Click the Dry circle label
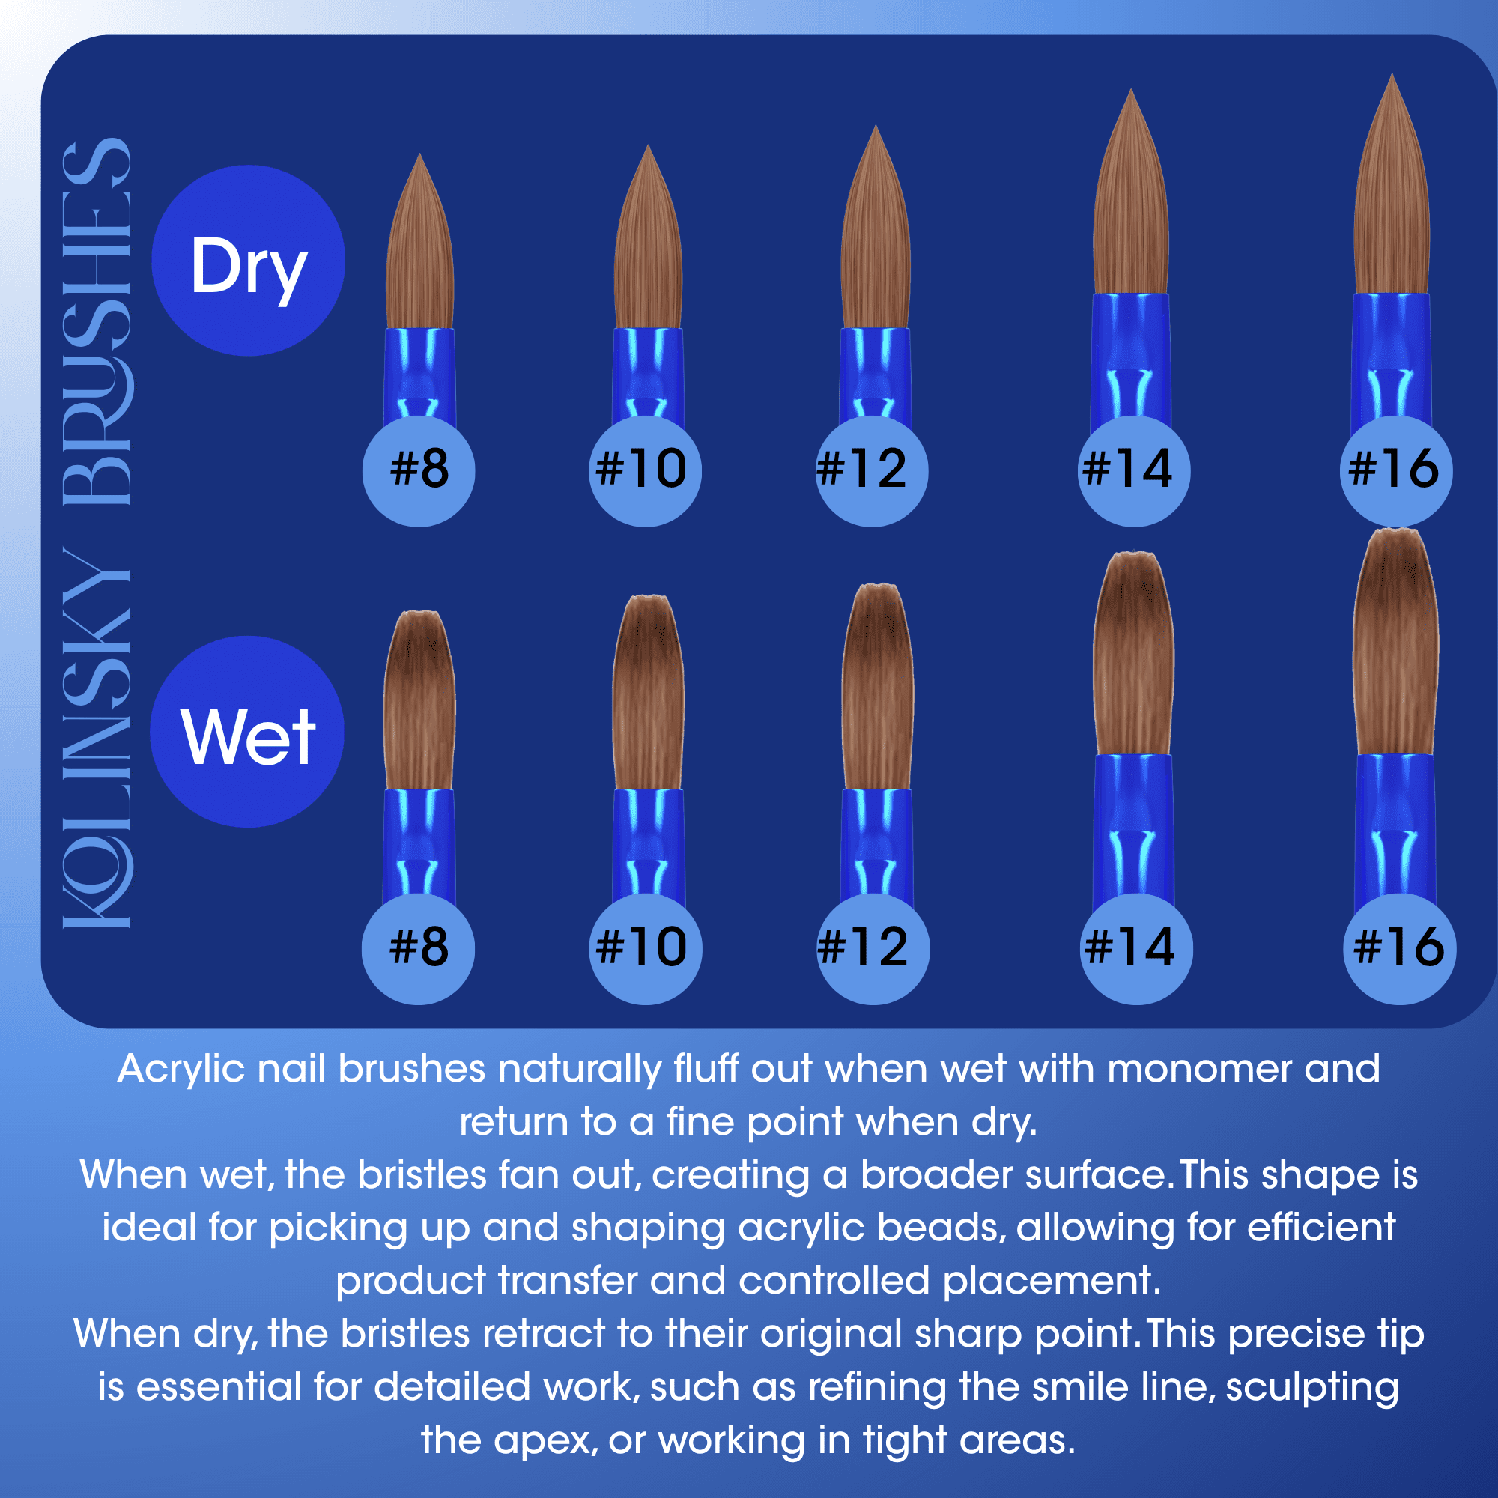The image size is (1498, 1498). point(248,261)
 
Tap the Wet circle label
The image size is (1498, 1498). point(247,732)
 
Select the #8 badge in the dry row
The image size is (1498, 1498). point(419,470)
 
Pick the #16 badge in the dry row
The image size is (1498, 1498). point(1395,470)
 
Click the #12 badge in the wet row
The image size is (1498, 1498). point(873,949)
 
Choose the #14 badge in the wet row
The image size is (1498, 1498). point(1137,949)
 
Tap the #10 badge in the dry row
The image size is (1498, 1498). point(645,470)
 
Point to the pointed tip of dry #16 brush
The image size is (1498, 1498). point(1393,74)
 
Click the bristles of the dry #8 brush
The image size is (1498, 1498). point(419,248)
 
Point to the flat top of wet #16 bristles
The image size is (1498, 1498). point(1395,532)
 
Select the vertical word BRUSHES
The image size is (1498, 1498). point(97,322)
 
